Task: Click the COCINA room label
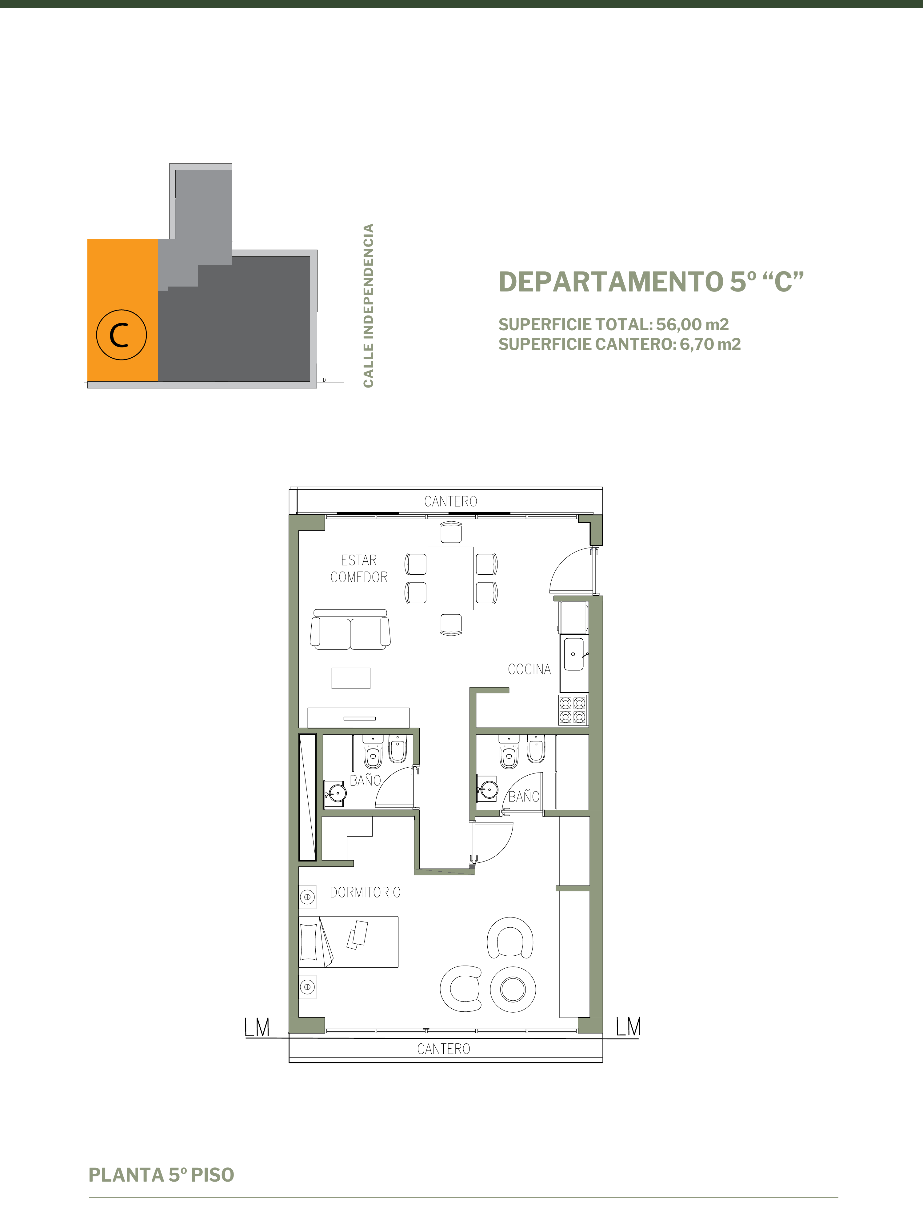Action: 529,669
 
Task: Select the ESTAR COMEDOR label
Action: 359,568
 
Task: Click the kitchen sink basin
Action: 574,654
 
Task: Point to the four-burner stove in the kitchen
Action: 573,710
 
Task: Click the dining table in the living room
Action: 451,578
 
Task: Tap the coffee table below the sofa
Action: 351,678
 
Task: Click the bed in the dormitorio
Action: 349,942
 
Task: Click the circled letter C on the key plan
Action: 122,335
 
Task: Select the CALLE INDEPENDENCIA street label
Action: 369,305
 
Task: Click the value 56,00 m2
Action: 692,325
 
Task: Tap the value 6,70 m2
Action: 710,344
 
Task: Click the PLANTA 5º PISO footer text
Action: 161,1175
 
